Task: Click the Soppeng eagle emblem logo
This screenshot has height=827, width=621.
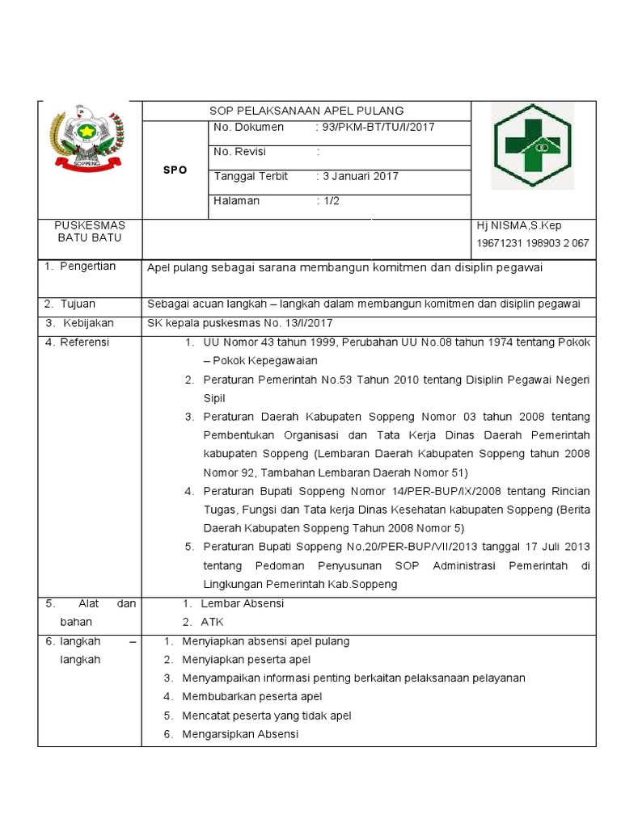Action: pos(87,139)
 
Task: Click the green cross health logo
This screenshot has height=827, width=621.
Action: pos(533,145)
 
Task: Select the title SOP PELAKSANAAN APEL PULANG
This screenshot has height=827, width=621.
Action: pos(306,111)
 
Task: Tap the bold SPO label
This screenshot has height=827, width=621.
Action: pos(175,170)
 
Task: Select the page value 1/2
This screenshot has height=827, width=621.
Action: pos(331,201)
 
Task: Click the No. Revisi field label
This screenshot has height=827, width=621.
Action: pos(240,152)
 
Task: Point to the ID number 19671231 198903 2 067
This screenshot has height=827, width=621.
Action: pos(533,243)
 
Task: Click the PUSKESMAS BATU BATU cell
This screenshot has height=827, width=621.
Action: pos(89,232)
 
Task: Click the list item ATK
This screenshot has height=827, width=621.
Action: pos(212,622)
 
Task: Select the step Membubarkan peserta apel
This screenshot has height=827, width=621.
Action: pos(252,696)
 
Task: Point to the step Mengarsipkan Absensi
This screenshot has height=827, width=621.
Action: pos(240,734)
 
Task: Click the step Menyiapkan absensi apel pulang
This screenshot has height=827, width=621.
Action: pos(266,641)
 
